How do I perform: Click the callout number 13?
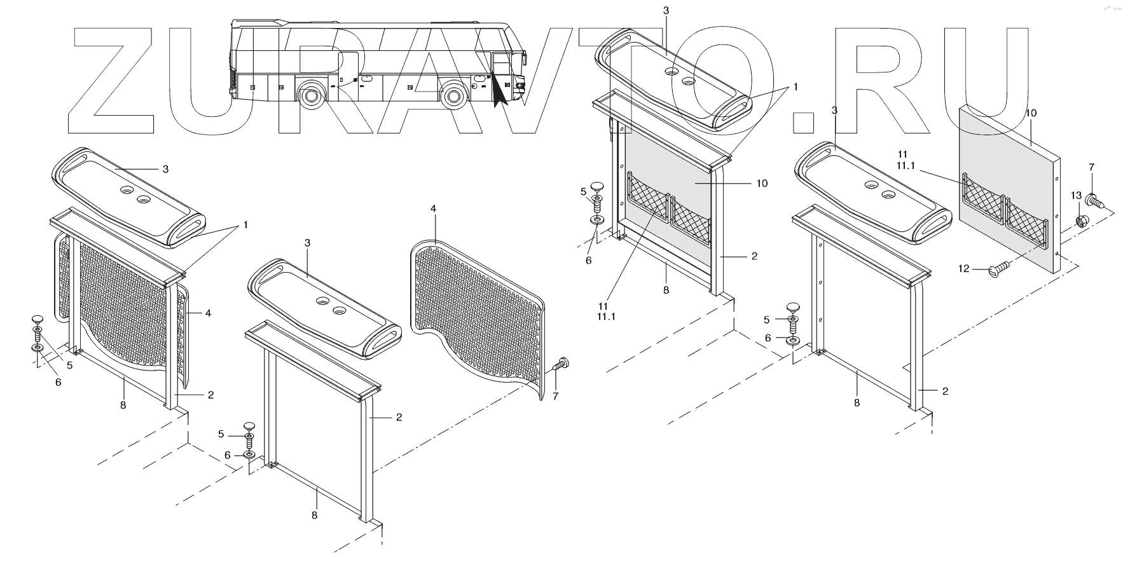tap(1075, 195)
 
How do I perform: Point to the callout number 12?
tap(964, 269)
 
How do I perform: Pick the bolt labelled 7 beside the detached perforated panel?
tap(561, 364)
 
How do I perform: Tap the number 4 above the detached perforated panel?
tap(434, 208)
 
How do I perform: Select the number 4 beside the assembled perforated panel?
tap(207, 312)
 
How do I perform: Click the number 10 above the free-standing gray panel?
tap(1031, 113)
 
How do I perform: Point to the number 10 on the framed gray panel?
tap(761, 183)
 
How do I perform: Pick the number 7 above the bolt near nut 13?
tap(1091, 167)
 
